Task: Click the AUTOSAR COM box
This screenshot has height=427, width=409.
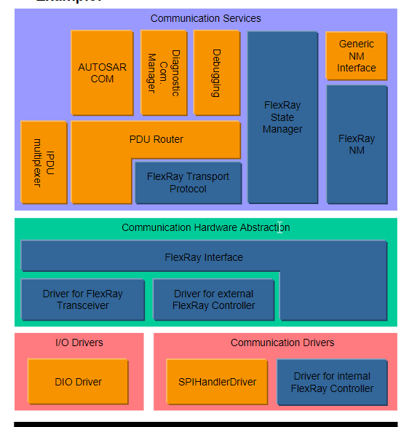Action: (102, 73)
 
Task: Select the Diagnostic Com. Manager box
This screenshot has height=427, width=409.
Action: (163, 73)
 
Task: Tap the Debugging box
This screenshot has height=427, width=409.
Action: (217, 73)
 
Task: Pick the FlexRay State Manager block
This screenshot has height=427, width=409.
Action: (282, 117)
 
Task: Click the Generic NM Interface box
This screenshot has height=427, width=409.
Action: (356, 56)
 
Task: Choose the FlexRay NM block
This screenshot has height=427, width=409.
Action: (357, 144)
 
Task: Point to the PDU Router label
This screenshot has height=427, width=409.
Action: (156, 139)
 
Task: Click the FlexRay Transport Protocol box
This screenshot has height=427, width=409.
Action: (188, 183)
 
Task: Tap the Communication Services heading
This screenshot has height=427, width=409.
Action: (205, 18)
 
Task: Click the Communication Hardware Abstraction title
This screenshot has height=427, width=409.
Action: (205, 227)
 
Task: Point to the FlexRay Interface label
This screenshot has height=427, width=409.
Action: (204, 257)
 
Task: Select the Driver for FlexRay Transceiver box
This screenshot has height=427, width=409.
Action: (82, 299)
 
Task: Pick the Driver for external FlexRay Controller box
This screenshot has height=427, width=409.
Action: (213, 299)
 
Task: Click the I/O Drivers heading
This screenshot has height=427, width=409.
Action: (79, 342)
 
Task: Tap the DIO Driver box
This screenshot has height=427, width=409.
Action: (78, 382)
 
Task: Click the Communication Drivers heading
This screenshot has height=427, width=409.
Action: (282, 342)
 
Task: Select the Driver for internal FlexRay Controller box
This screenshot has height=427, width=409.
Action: (332, 382)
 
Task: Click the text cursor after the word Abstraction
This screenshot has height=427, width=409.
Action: (280, 227)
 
